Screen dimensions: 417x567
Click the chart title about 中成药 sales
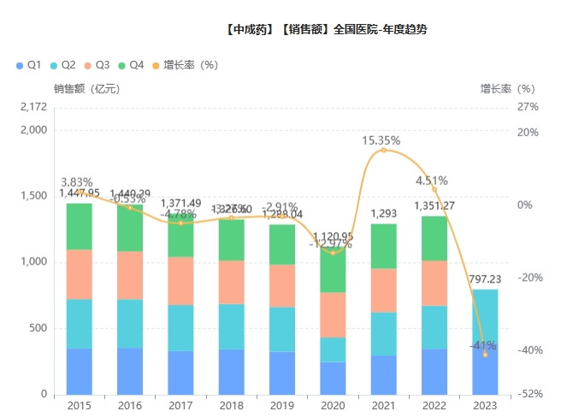[326, 28]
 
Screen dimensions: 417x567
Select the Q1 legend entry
[29, 65]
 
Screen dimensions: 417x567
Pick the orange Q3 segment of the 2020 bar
[333, 315]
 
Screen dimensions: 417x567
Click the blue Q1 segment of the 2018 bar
[232, 372]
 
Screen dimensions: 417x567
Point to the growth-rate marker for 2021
[383, 150]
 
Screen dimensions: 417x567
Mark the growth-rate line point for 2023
[485, 354]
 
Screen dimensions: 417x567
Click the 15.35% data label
[381, 140]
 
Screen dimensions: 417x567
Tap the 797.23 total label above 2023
[484, 279]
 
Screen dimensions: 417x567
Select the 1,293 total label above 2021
[383, 213]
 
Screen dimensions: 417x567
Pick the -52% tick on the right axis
[529, 395]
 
